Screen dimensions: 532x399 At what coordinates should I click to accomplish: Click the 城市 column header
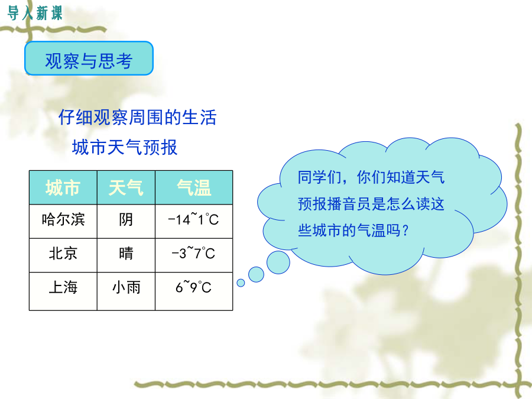63,187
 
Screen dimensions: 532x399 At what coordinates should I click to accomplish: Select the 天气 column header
126,187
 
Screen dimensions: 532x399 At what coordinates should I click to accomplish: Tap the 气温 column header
194,187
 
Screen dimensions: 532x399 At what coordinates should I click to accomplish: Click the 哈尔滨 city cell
63,221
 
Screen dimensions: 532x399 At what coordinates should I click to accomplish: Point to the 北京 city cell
63,255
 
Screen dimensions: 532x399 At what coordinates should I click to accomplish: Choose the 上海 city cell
63,291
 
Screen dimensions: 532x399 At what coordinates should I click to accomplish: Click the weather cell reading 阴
126,221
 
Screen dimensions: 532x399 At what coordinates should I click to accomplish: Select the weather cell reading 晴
126,255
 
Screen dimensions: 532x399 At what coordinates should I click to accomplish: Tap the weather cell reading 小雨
126,291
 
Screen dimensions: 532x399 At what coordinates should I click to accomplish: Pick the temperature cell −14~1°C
194,221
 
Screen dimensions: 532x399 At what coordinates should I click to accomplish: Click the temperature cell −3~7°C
194,255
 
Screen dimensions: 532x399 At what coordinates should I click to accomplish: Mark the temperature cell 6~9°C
194,291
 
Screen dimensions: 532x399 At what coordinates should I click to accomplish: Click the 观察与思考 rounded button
89,59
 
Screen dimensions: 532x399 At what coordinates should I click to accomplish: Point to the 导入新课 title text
35,13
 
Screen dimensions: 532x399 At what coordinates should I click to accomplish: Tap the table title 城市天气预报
125,147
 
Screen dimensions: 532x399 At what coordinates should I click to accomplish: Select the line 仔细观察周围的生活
137,118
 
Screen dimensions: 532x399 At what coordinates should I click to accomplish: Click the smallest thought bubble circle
241,283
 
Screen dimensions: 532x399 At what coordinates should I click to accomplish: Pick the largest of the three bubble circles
278,262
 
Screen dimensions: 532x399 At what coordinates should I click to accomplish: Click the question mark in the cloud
405,231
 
